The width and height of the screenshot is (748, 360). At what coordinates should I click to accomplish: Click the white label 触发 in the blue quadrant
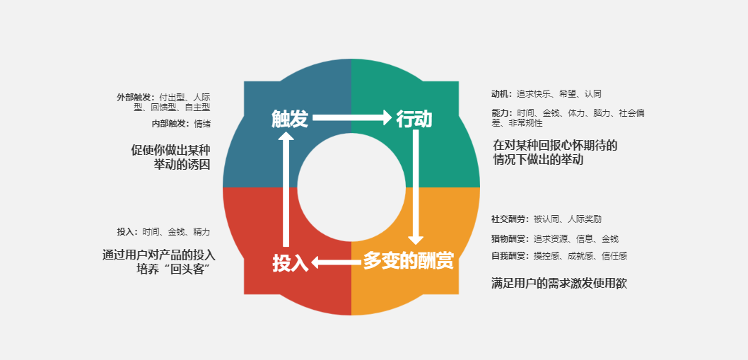pos(290,119)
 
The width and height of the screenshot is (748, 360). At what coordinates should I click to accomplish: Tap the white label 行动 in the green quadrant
pos(414,119)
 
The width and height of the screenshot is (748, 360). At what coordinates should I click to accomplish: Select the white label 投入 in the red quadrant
pos(291,263)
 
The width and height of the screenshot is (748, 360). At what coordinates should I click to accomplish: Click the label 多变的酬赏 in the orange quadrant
pos(409,261)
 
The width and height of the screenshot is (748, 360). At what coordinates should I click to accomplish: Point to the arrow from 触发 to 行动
pos(352,117)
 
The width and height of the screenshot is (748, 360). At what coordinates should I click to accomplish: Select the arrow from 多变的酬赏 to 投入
pos(336,262)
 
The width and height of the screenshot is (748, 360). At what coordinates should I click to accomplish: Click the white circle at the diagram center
pos(351,187)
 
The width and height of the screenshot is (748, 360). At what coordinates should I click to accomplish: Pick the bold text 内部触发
pos(169,124)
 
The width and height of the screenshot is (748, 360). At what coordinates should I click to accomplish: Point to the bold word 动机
pos(500,94)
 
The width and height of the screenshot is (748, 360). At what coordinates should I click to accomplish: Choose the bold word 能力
pos(500,113)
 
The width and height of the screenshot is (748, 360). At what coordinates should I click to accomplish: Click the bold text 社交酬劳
pos(508,219)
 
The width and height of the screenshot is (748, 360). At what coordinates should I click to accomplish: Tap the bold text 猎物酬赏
pos(508,239)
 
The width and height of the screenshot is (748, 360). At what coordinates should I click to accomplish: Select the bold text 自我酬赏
pos(508,256)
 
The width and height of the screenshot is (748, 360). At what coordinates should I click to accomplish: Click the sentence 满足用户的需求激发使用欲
pos(559,284)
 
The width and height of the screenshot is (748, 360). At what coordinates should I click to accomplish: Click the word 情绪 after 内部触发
pos(201,124)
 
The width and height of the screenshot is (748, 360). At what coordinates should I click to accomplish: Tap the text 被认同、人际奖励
pos(568,219)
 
